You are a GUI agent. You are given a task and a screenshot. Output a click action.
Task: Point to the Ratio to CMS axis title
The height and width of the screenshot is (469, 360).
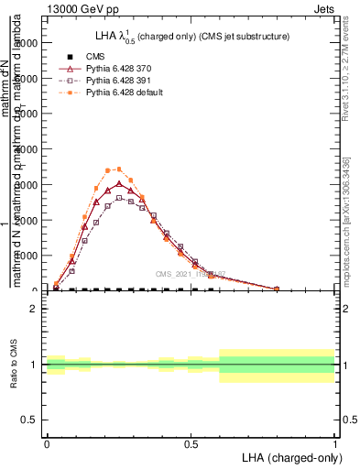[13, 365]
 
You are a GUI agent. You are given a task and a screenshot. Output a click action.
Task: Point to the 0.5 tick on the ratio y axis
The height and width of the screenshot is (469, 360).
[29, 420]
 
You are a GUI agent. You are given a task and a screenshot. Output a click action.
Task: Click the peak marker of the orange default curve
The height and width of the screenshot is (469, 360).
[119, 169]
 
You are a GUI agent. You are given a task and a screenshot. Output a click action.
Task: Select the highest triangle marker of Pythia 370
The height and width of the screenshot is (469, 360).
[119, 184]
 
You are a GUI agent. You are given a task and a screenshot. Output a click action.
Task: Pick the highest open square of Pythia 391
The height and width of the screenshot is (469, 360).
[119, 198]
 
